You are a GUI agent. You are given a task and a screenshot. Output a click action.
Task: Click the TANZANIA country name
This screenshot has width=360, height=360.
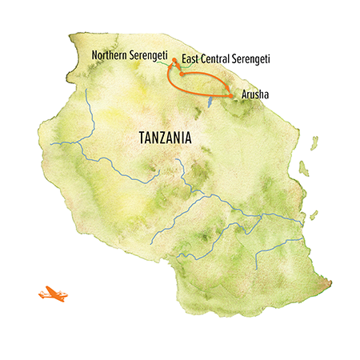click(157, 138)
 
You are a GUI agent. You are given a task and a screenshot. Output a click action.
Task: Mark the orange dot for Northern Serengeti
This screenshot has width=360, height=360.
click(174, 60)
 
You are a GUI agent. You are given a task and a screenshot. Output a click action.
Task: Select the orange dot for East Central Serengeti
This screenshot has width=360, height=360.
click(182, 74)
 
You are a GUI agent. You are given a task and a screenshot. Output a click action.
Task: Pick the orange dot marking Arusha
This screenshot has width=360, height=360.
click(232, 95)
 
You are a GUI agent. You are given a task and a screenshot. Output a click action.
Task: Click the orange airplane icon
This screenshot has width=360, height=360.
click(52, 294)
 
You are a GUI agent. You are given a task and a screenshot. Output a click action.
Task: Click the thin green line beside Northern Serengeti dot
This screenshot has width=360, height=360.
click(169, 62)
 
